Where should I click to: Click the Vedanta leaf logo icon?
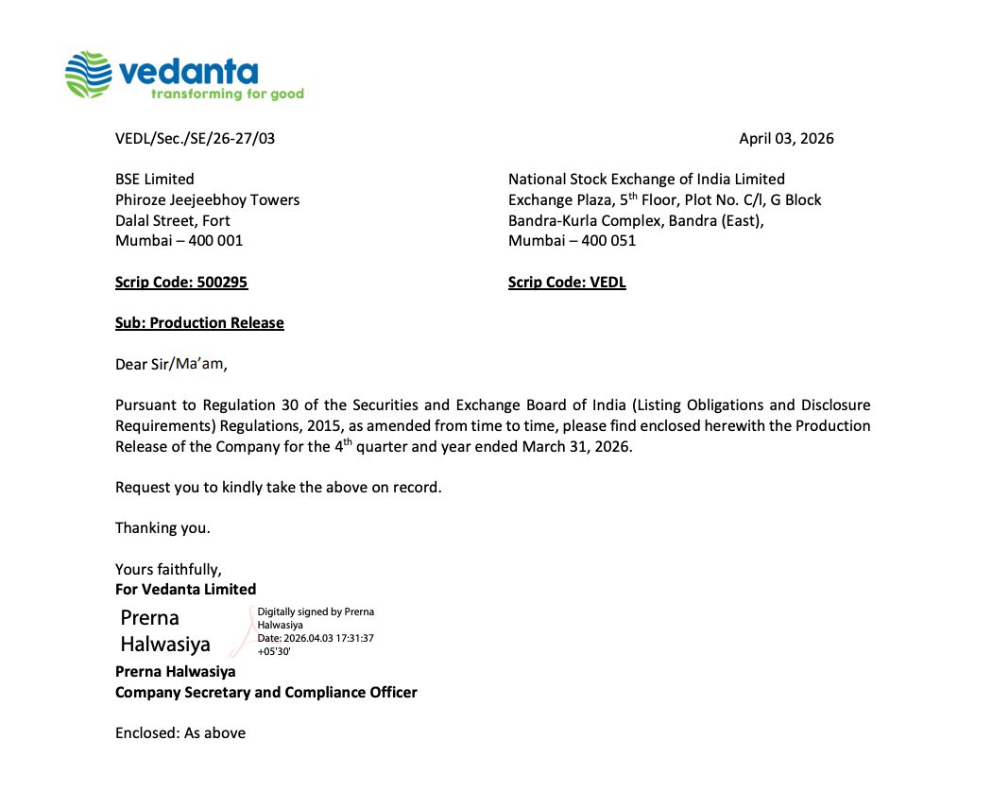[90, 75]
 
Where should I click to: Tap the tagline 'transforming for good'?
[227, 95]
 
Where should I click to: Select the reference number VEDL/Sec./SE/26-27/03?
[196, 139]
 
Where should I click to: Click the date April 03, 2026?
[786, 139]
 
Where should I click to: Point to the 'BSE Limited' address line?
[155, 180]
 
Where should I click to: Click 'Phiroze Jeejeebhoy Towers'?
[207, 200]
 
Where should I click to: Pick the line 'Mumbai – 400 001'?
[179, 241]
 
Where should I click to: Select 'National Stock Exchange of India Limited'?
[646, 180]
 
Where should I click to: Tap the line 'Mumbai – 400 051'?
[572, 241]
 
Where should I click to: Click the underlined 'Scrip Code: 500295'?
[181, 283]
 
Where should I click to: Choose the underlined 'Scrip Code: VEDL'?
[567, 283]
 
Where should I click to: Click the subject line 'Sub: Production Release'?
[199, 323]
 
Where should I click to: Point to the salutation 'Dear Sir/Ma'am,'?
[172, 364]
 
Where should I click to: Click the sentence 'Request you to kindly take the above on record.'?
[279, 488]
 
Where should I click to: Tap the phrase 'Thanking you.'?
[162, 528]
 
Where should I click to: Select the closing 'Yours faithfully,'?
[168, 569]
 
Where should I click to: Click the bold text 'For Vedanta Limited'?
[185, 590]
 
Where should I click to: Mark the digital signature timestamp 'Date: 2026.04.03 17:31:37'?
[316, 638]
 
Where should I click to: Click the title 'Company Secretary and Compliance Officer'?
[265, 693]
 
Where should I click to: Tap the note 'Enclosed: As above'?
[180, 733]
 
